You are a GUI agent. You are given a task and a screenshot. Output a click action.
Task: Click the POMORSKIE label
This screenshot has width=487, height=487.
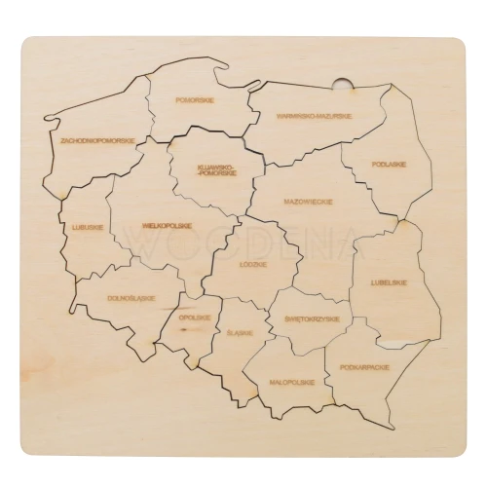point(196,99)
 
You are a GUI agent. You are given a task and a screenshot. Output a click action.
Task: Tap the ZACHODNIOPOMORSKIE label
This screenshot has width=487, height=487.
point(96,140)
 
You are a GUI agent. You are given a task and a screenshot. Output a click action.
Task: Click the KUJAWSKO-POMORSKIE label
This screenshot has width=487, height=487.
point(215,170)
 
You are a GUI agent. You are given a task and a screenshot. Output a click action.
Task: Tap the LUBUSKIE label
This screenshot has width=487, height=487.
point(88,227)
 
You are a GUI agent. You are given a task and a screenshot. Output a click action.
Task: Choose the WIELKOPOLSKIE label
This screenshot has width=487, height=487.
point(167,225)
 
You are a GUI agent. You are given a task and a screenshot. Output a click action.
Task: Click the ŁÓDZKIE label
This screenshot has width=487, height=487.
point(254,264)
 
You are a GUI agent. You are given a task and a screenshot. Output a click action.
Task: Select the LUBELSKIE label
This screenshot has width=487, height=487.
point(389,282)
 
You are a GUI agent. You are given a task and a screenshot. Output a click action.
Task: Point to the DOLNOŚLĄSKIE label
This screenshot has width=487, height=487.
point(126,298)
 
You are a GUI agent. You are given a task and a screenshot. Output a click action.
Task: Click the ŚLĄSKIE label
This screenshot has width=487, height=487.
point(240,332)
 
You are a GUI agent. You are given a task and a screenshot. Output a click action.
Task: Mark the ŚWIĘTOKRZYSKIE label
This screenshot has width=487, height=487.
point(312,319)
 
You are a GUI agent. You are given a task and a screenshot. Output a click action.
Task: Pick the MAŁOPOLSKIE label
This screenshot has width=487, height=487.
point(291,382)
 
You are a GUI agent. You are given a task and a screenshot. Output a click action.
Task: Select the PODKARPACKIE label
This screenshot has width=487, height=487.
point(365,367)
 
